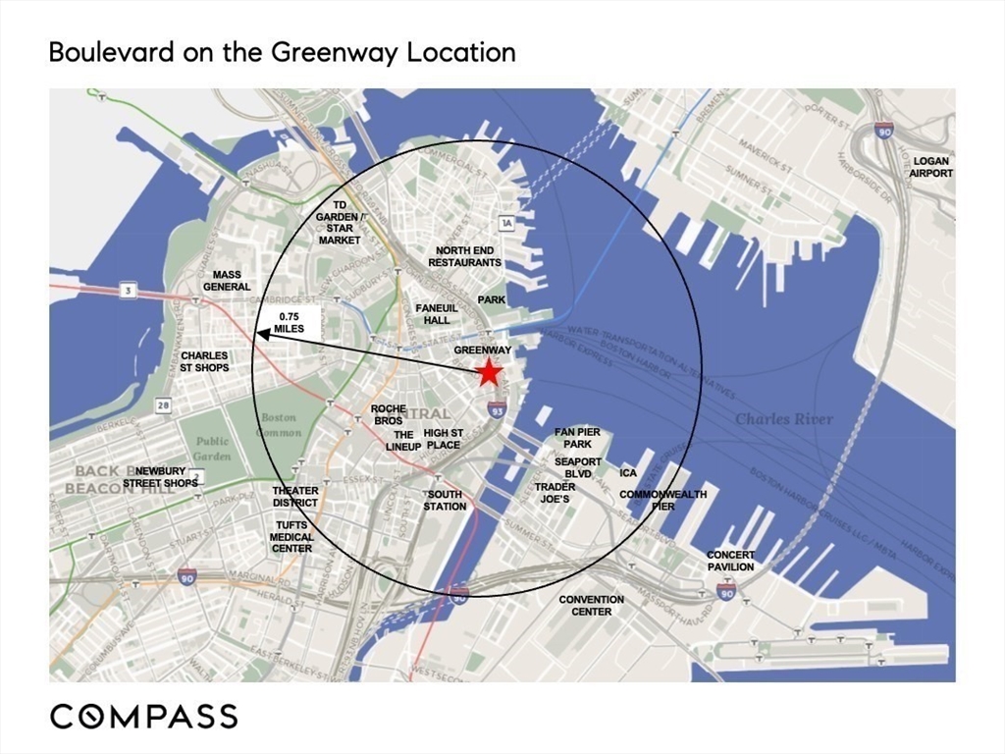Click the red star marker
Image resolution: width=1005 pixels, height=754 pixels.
[x=488, y=373]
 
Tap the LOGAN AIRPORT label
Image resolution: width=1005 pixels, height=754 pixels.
[x=930, y=167]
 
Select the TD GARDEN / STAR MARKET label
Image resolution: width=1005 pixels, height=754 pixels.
[x=340, y=222]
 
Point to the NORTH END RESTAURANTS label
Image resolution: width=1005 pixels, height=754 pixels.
[x=465, y=256]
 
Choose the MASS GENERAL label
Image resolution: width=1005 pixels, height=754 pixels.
[x=227, y=281]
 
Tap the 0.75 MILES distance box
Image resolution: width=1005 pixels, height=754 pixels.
[x=291, y=323]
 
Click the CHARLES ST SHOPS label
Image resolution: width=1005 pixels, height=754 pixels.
[x=205, y=361]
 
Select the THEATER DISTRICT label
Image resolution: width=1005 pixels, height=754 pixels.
[x=295, y=497]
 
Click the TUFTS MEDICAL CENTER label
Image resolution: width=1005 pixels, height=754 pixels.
[x=291, y=537]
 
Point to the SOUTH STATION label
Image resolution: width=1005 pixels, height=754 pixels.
[x=445, y=501]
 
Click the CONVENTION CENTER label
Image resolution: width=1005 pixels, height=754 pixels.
[x=592, y=605]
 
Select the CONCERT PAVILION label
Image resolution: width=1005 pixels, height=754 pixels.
[x=731, y=561]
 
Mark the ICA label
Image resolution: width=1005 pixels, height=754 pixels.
[x=628, y=473]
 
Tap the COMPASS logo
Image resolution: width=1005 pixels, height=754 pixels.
[x=143, y=716]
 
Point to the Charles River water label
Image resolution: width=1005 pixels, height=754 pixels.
[x=784, y=419]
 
